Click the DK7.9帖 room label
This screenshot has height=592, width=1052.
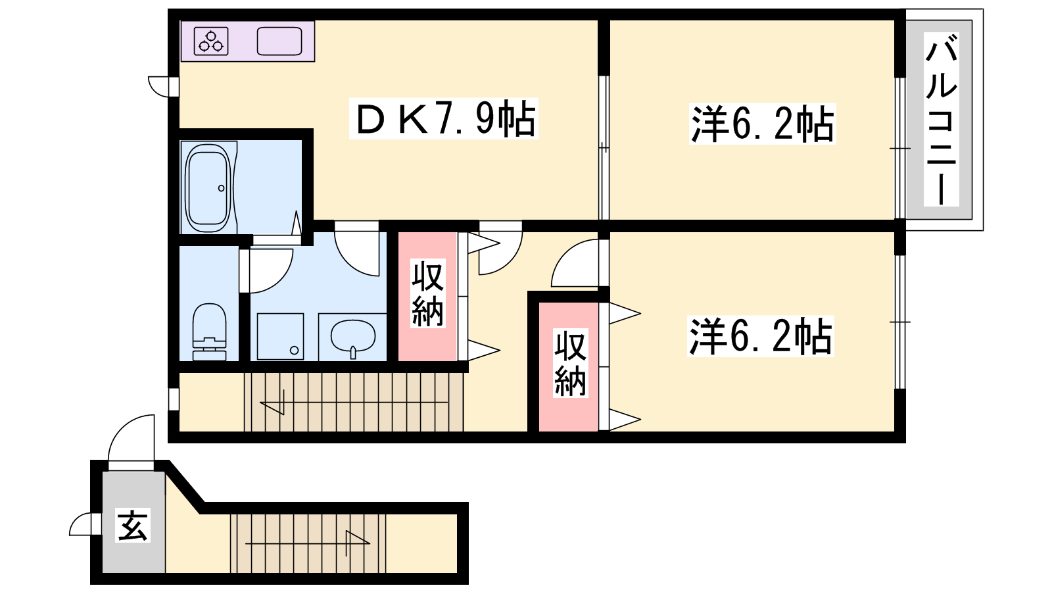point(444,118)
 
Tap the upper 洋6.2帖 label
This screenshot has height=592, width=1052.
point(762,124)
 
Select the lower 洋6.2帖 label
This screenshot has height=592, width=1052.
point(760,336)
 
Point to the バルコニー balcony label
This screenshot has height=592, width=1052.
point(941,119)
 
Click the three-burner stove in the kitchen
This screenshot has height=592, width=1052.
point(211,41)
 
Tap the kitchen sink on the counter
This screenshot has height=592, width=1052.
point(279,41)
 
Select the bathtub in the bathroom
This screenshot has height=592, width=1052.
point(208,188)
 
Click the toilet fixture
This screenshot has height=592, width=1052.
point(210,332)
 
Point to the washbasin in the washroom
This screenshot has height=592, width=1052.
point(353,337)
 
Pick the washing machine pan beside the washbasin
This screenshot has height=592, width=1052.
point(280,336)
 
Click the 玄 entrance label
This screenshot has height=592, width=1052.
point(132,526)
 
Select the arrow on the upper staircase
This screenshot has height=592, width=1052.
point(354,403)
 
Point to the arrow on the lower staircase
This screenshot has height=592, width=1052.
point(308,543)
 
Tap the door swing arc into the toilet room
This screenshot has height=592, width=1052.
point(279,280)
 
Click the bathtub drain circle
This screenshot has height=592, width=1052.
point(221,188)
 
